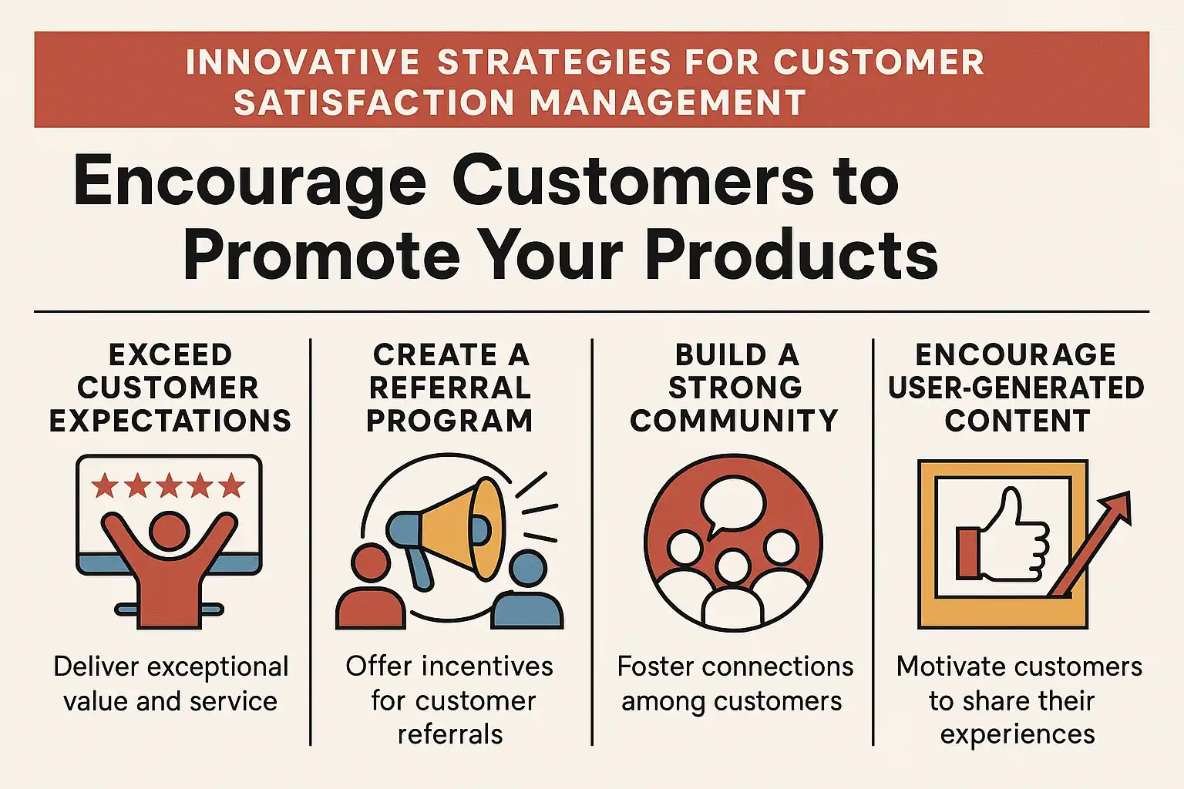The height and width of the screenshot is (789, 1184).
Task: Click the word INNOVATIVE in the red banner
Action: coord(303,62)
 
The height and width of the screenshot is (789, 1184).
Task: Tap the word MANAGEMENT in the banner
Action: coord(668,102)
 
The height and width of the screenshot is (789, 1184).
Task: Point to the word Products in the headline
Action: coord(792,255)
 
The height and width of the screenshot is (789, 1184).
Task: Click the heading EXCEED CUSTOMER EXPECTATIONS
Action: coord(170,388)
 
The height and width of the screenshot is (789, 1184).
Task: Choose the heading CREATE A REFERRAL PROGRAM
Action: coord(450,388)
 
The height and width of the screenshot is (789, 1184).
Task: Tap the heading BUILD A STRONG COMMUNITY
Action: coord(734,388)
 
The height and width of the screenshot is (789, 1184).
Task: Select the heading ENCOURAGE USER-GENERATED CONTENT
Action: coord(1016,388)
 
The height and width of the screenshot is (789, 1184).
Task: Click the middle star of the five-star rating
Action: coord(169,485)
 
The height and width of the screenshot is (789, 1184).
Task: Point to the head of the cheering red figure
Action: coord(169,529)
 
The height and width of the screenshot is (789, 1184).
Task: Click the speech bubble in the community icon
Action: coord(732,503)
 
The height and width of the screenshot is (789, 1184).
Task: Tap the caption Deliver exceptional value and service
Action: coord(170,684)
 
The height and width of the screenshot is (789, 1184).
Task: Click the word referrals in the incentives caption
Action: coord(450,734)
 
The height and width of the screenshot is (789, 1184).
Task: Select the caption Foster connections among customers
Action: coord(735,684)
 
